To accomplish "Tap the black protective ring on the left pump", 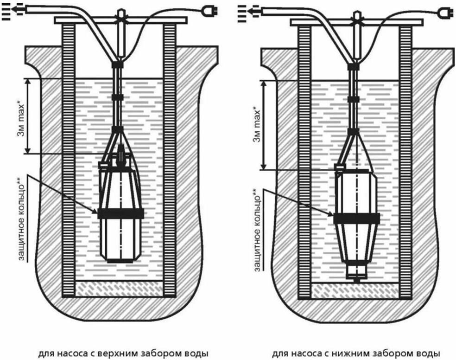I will click(120, 213).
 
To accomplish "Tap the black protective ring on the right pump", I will click(356, 218).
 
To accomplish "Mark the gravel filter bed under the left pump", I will click(120, 289).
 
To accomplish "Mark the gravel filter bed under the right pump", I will click(355, 290).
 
